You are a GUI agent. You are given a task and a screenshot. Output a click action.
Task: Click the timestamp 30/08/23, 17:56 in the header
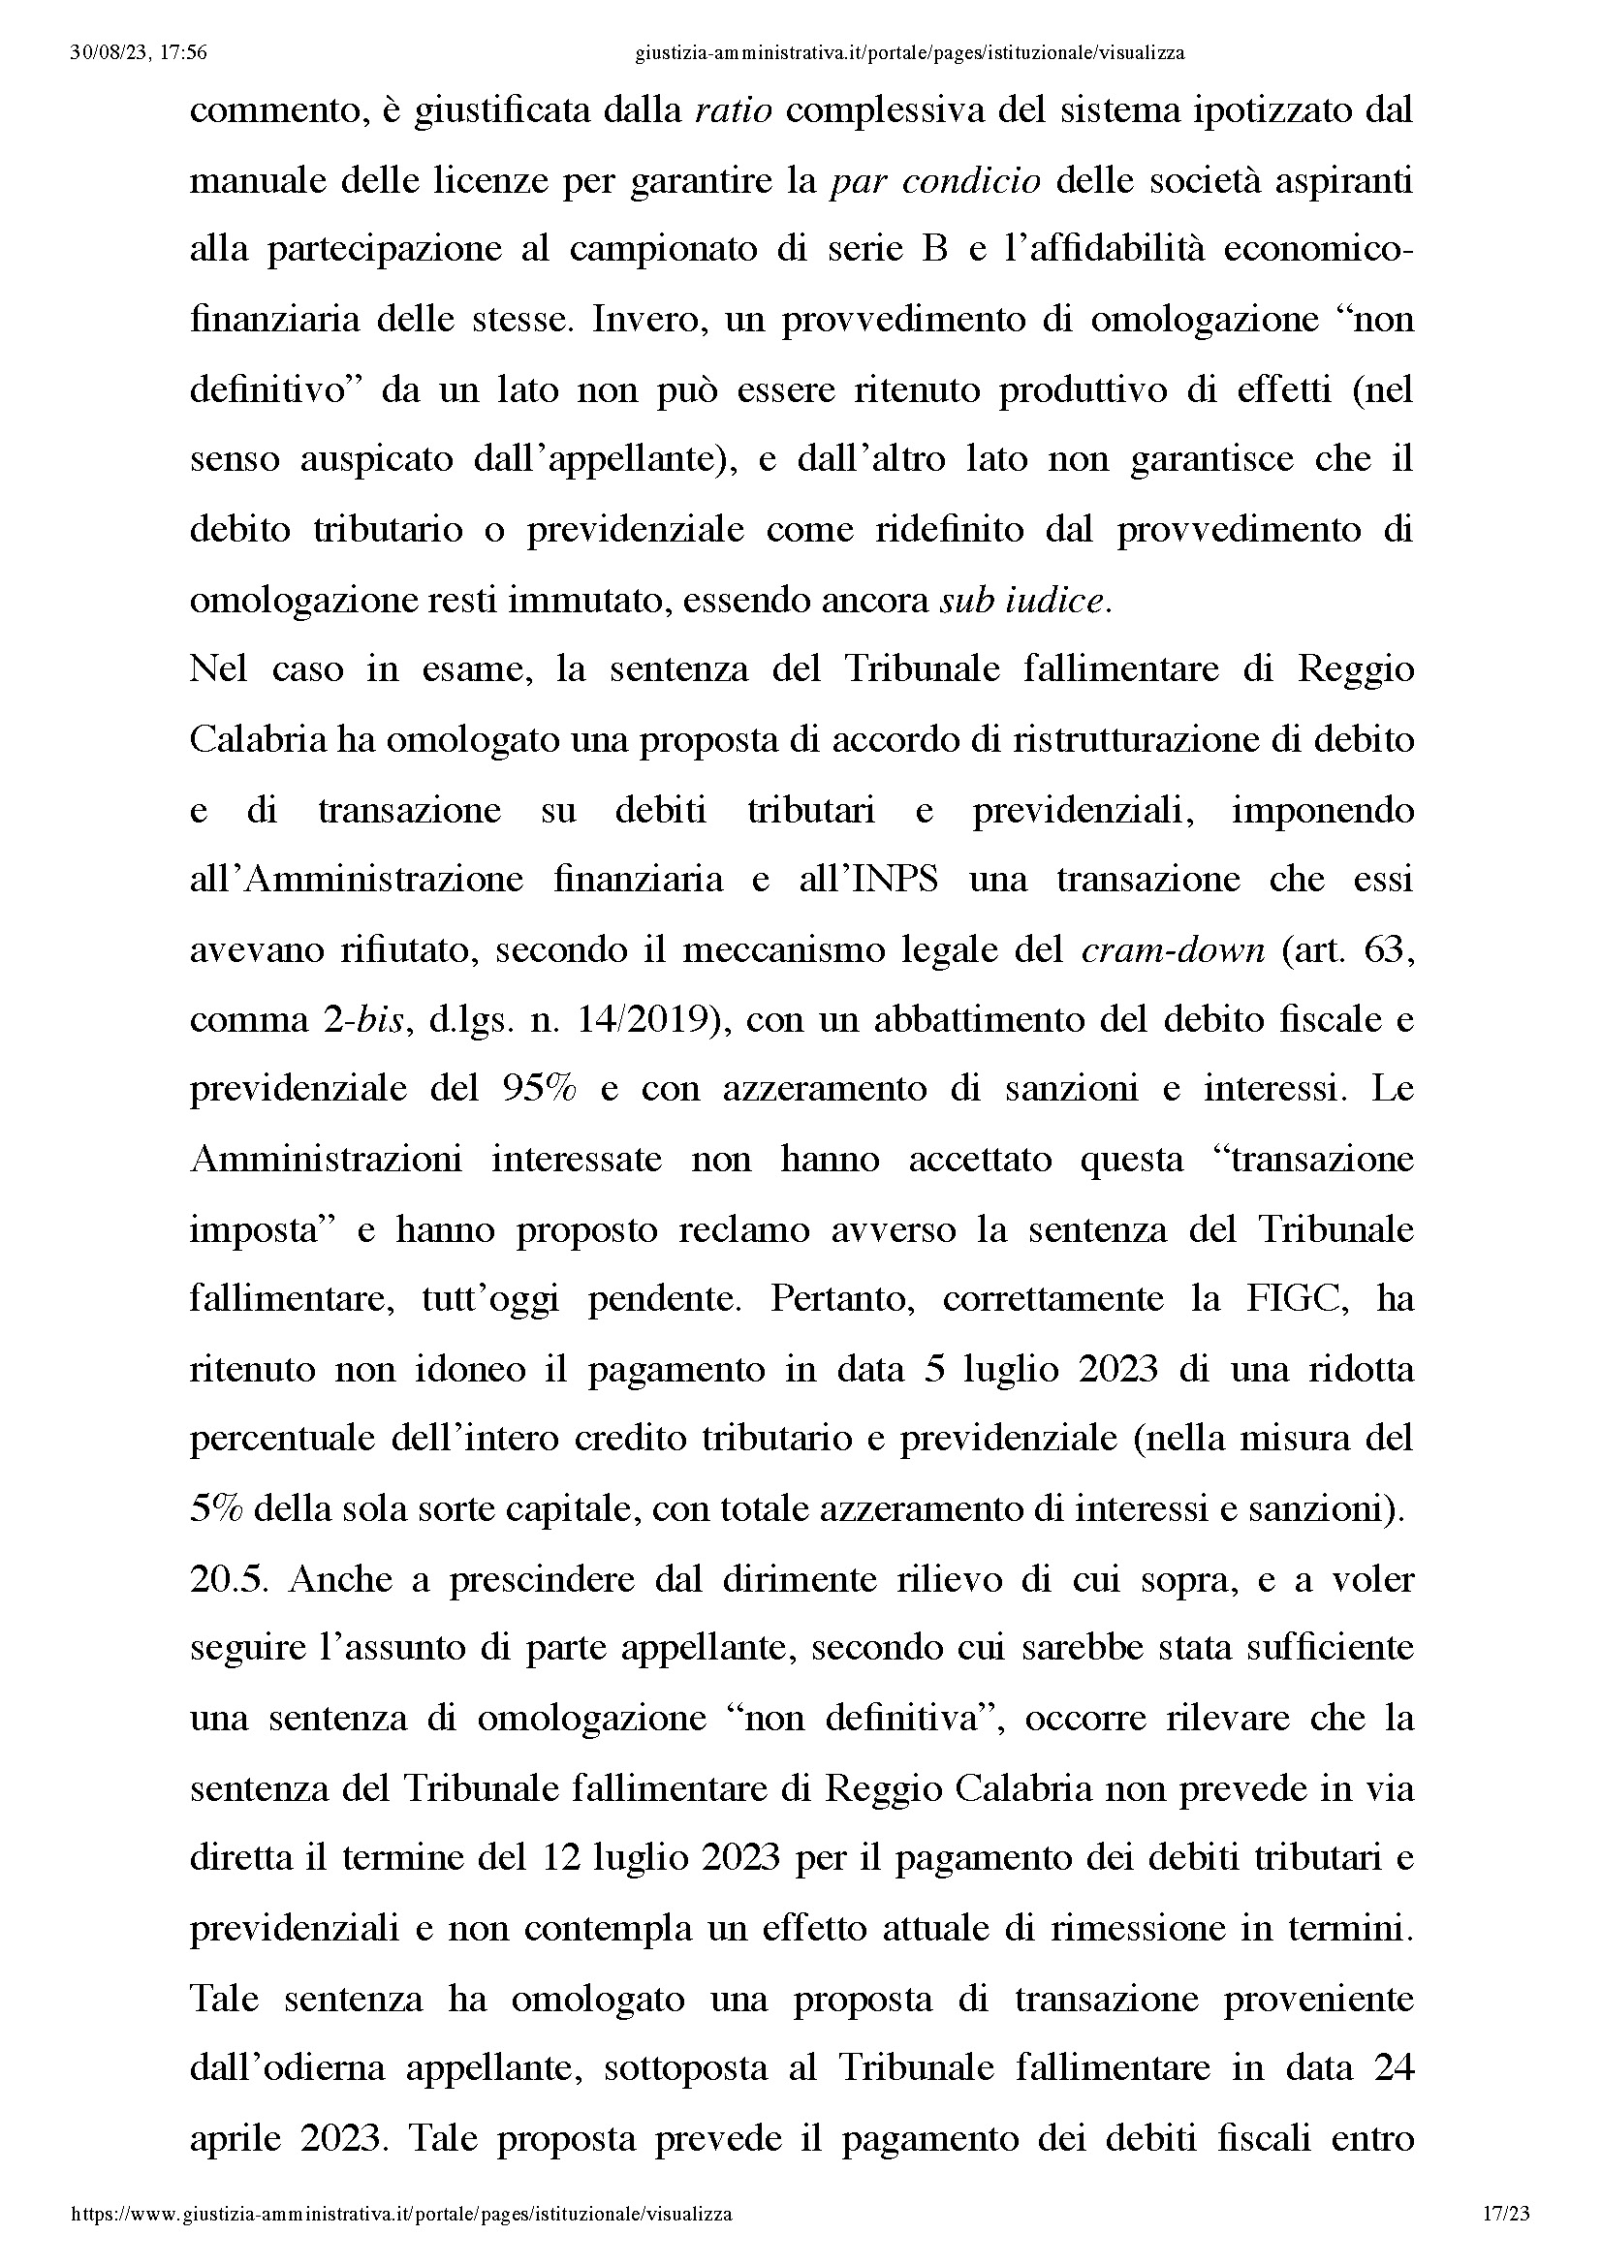point(140,53)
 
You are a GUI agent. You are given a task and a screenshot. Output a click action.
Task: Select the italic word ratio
point(734,109)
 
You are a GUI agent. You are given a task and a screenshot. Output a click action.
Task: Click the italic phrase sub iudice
point(1023,600)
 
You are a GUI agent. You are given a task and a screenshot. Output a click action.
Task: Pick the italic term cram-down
point(1174,949)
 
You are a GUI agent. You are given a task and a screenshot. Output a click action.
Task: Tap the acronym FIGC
point(1298,1299)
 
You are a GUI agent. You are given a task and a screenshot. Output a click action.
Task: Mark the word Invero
point(646,320)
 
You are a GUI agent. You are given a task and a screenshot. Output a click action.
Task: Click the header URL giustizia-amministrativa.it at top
point(909,53)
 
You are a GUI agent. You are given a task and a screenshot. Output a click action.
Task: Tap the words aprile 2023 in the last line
point(286,2140)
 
